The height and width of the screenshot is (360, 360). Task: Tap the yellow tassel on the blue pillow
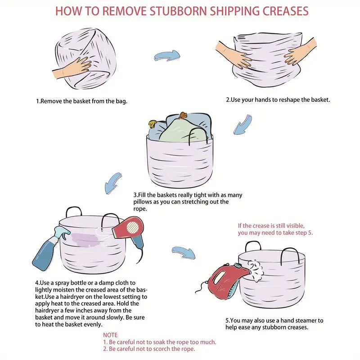153,124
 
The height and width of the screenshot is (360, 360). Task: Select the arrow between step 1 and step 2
167,56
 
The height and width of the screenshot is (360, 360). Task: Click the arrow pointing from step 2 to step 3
243,124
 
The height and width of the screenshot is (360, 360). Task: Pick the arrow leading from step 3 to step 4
113,183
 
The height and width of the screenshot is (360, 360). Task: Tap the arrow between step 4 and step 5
184,252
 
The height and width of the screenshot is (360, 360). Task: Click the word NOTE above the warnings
110,335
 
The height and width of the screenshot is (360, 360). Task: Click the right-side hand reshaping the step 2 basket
300,52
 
